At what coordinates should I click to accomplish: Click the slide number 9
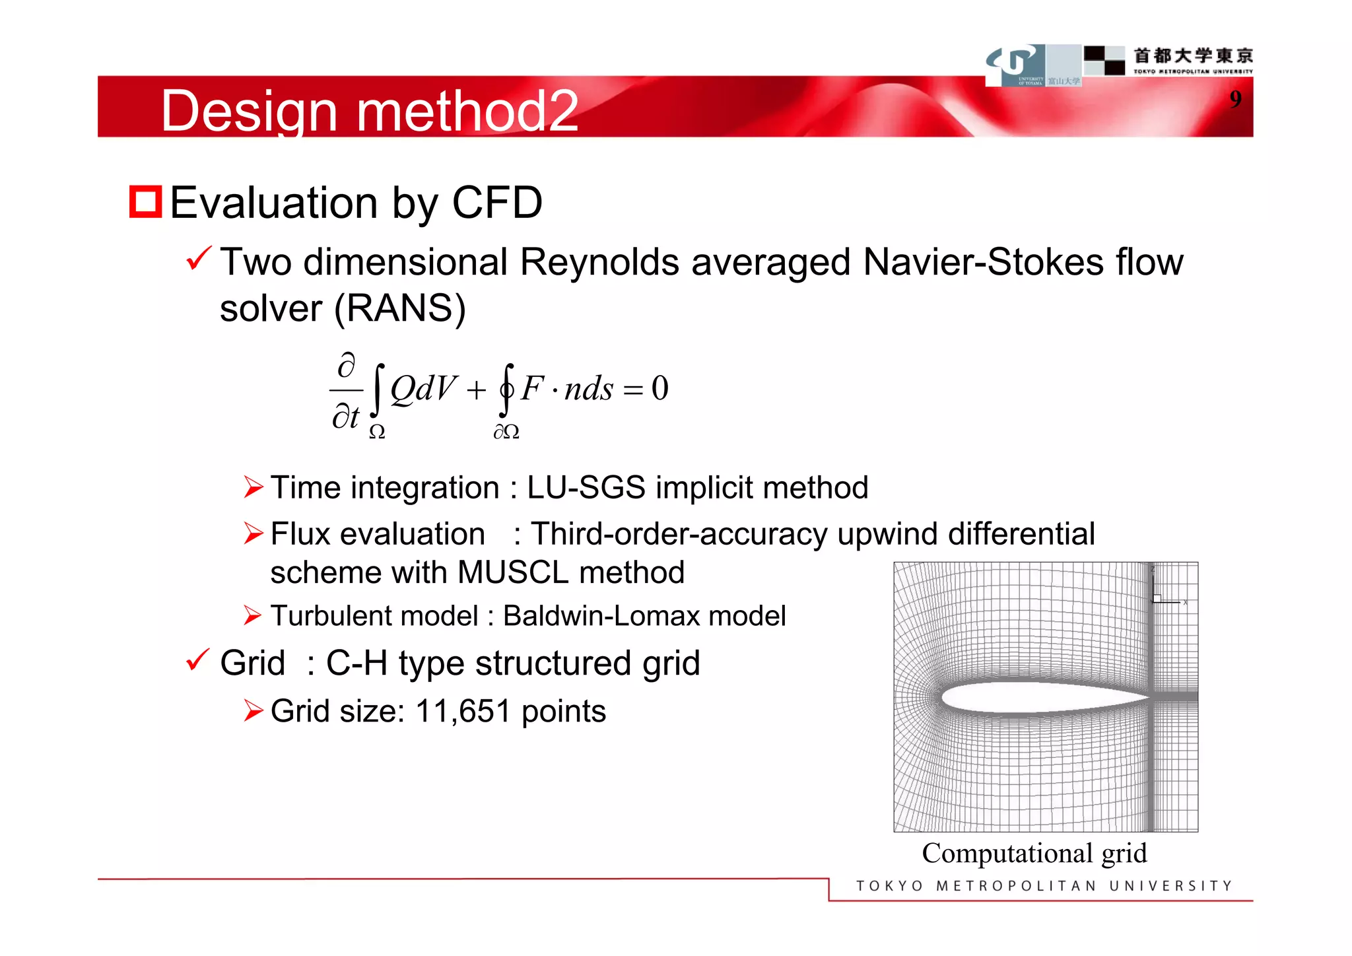1235,99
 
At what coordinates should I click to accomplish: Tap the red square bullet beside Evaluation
145,202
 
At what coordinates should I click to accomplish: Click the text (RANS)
400,308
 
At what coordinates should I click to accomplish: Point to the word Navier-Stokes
982,262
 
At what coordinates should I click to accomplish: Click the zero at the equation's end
659,388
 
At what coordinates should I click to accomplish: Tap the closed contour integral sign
506,390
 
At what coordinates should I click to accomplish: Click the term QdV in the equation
422,388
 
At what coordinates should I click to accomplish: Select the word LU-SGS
586,488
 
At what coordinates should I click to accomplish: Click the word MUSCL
512,572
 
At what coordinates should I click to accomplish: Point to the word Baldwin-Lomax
601,616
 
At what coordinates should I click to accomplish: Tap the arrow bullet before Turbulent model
253,615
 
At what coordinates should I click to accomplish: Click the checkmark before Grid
197,660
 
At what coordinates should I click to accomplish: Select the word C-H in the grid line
356,663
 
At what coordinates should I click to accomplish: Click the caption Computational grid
1034,853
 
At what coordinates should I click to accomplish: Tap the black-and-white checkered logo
1104,60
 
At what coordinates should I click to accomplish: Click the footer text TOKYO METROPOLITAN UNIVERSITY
1044,886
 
